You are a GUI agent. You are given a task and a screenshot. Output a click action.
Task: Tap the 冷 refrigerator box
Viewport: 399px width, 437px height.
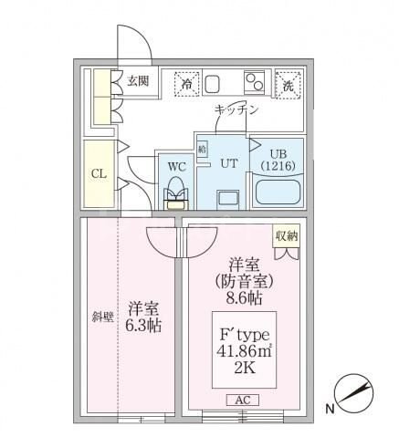coord(187,83)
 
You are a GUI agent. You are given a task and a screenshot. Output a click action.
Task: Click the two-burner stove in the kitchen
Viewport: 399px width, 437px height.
coord(255,81)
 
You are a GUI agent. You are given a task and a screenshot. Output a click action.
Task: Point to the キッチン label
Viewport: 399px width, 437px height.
coord(236,109)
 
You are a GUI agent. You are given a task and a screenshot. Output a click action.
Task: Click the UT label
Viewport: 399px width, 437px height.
coord(226,162)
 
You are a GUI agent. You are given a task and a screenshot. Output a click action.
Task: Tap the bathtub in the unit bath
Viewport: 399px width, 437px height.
coord(278,192)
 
